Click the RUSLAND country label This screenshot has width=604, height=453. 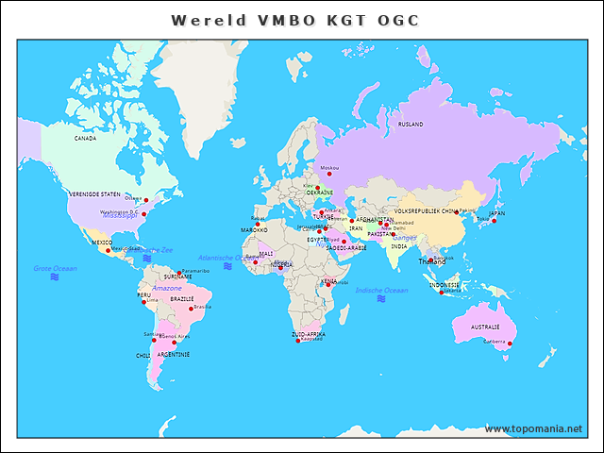pyautogui.click(x=411, y=124)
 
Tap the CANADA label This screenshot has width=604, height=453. pyautogui.click(x=86, y=138)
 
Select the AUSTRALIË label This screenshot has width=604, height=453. pyautogui.click(x=477, y=327)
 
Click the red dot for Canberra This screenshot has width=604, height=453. pyautogui.click(x=510, y=344)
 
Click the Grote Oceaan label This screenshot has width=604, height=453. pyautogui.click(x=56, y=268)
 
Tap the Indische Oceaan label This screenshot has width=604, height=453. pyautogui.click(x=381, y=290)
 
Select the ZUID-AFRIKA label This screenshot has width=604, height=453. pyautogui.click(x=309, y=334)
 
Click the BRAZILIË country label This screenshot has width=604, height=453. pyautogui.click(x=182, y=297)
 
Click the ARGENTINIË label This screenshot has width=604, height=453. pyautogui.click(x=174, y=354)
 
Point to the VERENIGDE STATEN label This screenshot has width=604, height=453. pyautogui.click(x=94, y=193)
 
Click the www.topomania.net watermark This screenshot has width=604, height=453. pyautogui.click(x=533, y=428)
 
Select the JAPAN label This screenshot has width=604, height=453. pyautogui.click(x=496, y=213)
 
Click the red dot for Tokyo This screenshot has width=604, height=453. pyautogui.click(x=494, y=221)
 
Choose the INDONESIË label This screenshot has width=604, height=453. pyautogui.click(x=445, y=284)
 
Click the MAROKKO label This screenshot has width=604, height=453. pyautogui.click(x=254, y=229)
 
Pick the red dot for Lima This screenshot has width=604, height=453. pyautogui.click(x=144, y=302)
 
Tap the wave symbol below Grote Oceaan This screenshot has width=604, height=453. pyautogui.click(x=55, y=277)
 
